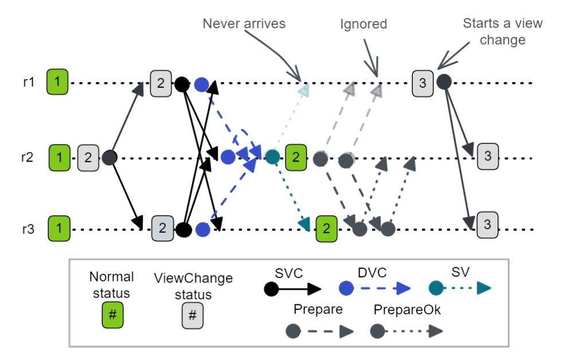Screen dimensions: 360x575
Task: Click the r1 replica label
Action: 29,83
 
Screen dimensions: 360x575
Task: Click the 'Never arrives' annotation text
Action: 244,24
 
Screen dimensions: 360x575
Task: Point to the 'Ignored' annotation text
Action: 363,24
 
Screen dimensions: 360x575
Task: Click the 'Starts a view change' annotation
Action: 502,32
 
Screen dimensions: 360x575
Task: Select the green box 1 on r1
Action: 57,83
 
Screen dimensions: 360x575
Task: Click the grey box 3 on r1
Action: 423,83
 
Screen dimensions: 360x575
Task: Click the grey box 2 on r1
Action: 161,83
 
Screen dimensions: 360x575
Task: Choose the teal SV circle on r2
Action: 273,156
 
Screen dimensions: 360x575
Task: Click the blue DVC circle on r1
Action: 201,84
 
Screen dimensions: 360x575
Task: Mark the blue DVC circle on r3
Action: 202,230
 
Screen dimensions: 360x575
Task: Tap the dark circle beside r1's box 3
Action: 443,82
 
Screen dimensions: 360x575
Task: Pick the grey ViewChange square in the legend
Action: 193,316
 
